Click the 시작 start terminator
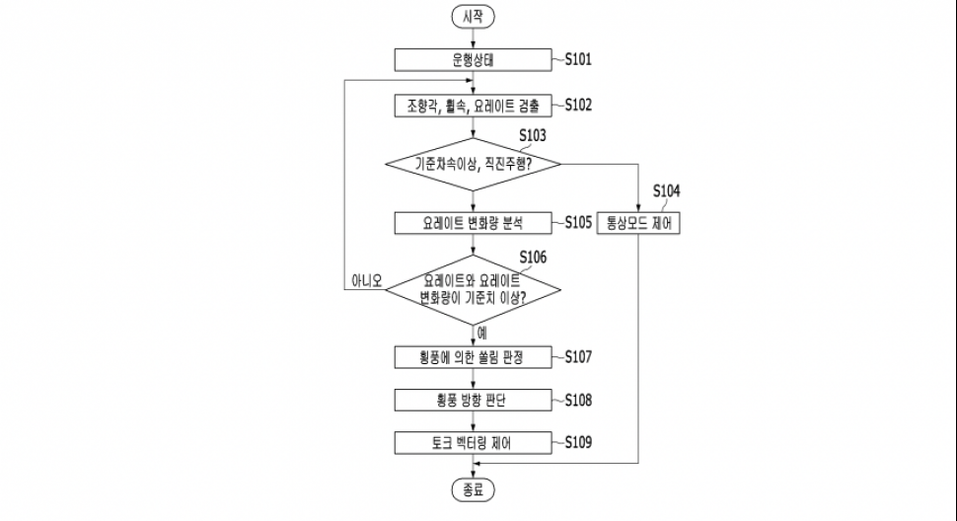click(474, 16)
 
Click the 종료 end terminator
click(474, 489)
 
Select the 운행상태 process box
click(474, 60)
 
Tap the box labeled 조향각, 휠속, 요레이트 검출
click(474, 105)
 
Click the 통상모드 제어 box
click(639, 223)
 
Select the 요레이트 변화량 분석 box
click(474, 223)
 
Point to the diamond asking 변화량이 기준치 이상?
click(474, 288)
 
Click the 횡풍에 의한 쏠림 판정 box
click(474, 357)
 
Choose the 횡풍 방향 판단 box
click(474, 400)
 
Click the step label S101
click(578, 59)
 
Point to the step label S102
click(578, 104)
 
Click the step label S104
click(666, 190)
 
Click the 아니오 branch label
click(366, 279)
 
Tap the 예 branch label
click(481, 333)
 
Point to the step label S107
click(578, 356)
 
